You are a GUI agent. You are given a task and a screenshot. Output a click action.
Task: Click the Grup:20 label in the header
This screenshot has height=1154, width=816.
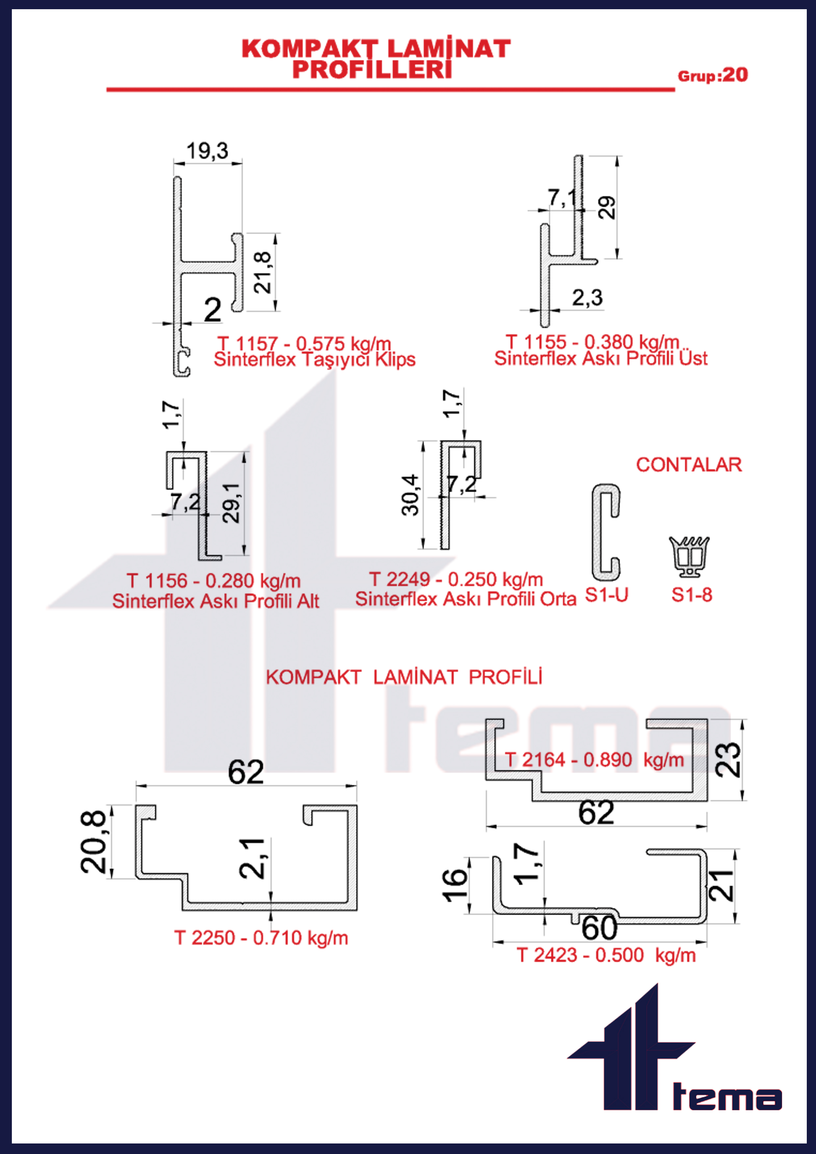[x=712, y=75]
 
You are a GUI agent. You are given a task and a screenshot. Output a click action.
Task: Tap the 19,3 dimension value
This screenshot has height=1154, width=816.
[x=207, y=151]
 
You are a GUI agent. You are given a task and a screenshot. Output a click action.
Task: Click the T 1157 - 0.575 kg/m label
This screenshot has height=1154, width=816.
[x=304, y=344]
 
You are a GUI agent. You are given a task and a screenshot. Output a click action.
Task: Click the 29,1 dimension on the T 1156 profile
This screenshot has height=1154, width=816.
[x=232, y=503]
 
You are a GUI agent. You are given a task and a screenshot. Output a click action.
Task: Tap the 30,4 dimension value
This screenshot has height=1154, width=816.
[x=410, y=495]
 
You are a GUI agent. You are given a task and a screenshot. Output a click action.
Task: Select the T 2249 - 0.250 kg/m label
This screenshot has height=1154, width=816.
[x=456, y=580]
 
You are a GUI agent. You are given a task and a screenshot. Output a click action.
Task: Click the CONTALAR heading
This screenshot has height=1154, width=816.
[x=689, y=465]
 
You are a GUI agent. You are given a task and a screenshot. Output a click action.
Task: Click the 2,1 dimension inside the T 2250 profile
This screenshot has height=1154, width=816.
[x=252, y=859]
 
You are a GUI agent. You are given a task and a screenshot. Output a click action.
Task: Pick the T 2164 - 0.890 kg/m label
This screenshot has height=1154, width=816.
[x=594, y=760]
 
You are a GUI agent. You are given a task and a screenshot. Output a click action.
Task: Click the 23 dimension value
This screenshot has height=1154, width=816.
[x=728, y=760]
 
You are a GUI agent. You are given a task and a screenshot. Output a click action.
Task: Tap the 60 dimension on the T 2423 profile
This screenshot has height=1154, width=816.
[x=599, y=928]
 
